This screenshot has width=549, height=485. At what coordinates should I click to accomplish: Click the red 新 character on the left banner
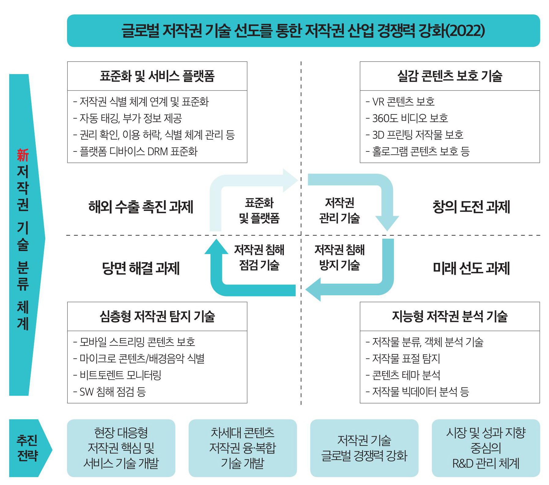coord(23,155)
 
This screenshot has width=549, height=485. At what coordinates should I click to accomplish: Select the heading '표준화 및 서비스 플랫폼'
coord(157,76)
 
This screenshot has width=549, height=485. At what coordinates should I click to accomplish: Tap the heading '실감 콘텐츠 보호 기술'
coord(450,76)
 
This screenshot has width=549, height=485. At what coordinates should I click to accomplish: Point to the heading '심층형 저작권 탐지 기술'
coord(157,316)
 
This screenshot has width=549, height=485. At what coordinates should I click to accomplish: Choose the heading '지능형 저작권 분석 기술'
coord(450,316)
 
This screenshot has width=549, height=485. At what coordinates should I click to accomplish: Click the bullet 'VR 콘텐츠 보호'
coord(400,102)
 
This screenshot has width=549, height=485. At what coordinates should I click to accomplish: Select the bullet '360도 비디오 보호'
coord(407,118)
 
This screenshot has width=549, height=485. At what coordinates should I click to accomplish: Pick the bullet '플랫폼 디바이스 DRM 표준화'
coord(135,151)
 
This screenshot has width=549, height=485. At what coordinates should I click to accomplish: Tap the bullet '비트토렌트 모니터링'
coord(117,375)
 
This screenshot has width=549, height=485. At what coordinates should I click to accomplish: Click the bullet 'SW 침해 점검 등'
coord(109,391)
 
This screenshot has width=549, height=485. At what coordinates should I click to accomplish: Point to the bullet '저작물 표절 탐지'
coord(403,358)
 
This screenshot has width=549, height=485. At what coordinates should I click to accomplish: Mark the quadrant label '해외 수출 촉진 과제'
coord(141,207)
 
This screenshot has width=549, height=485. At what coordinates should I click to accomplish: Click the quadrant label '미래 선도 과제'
coord(471,268)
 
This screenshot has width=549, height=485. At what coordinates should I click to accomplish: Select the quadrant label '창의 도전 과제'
coord(471,207)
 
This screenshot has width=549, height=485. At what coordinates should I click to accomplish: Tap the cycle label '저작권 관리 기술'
coord(339,210)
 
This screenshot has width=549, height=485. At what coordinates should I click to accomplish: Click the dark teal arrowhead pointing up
coord(217,247)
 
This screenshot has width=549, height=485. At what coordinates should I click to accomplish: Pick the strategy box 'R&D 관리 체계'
coord(486,448)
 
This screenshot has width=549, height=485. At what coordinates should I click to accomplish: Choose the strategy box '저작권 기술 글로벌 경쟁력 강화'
coord(364,448)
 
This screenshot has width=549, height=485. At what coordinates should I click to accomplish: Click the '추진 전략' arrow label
coord(28,448)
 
